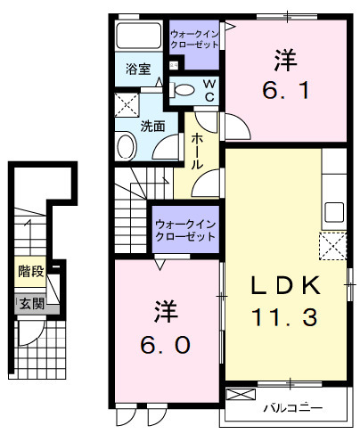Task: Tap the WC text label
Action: click(x=209, y=90)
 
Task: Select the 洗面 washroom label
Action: click(x=152, y=126)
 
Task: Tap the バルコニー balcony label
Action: click(x=292, y=409)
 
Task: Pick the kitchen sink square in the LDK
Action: click(x=334, y=214)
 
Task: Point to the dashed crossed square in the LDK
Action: click(x=333, y=244)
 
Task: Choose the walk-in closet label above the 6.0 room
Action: click(x=185, y=231)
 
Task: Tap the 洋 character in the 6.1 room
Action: click(x=285, y=61)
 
